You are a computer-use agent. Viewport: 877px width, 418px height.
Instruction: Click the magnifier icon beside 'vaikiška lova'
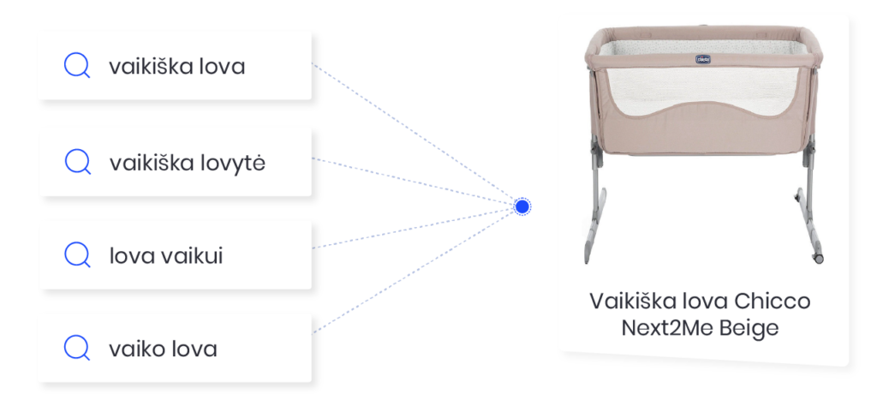coord(78,66)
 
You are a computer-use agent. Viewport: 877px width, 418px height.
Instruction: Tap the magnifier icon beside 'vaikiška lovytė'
coord(78,162)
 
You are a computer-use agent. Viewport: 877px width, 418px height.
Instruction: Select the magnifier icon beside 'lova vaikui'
coord(78,254)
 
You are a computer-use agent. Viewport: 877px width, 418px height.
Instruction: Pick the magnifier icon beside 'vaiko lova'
coord(78,348)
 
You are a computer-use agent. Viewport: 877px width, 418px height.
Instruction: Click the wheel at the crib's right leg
coord(818,256)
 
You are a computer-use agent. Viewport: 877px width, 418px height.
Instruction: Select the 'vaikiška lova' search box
coord(174,66)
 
